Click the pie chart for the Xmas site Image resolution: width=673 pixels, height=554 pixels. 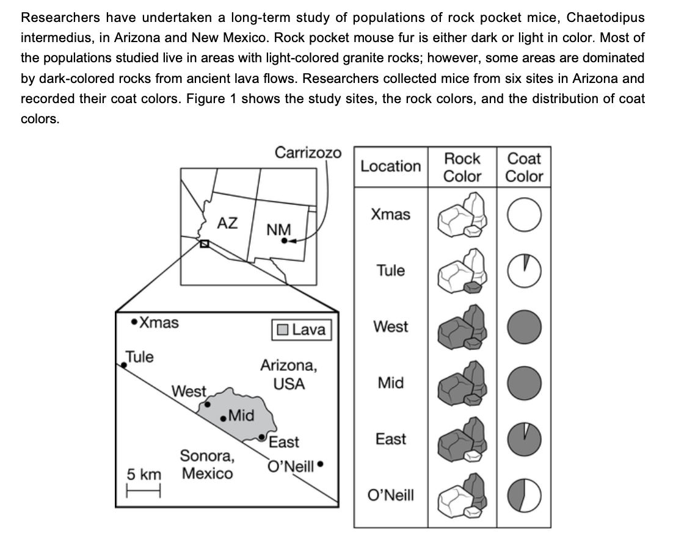(x=524, y=215)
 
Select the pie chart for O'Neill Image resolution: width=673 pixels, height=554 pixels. (x=524, y=495)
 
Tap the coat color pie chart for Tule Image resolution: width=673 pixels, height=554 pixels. (x=524, y=271)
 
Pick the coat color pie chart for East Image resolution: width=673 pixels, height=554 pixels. (x=524, y=439)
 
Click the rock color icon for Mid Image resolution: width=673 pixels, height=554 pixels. (x=462, y=383)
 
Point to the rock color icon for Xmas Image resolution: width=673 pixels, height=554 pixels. (x=462, y=215)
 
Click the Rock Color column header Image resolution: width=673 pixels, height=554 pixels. (x=462, y=167)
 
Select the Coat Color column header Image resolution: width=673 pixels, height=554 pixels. (x=524, y=167)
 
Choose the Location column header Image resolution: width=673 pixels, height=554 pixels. (x=391, y=166)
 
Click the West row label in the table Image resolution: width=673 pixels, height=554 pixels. (x=391, y=327)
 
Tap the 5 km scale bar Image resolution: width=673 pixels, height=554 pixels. (x=144, y=489)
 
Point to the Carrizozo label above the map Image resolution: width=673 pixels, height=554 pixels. (x=308, y=152)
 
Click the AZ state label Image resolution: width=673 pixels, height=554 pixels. (x=227, y=223)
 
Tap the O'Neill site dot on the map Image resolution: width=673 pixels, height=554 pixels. (x=320, y=465)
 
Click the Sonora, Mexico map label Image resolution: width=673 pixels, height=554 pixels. (x=206, y=464)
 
